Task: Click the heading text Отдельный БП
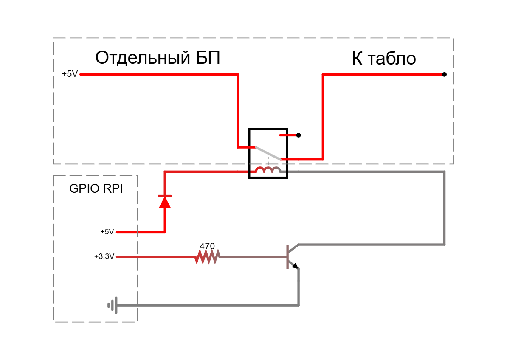coord(158,58)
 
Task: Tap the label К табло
coord(384,59)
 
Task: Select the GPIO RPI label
coord(96,188)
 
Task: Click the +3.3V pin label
coord(104,256)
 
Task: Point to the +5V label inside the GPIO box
coord(107,232)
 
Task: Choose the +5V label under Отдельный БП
coord(70,74)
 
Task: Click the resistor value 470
coord(207,246)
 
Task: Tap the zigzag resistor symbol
coord(208,257)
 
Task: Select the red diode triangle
coord(165,202)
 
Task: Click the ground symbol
coord(113,305)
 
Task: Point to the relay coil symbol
coord(268,170)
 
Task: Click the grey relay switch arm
coord(268,153)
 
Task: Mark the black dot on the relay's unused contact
coord(299,135)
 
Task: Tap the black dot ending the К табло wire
coord(444,74)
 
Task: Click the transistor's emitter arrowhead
coord(295,266)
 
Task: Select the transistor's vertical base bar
coord(287,256)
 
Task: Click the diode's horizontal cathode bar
coord(165,196)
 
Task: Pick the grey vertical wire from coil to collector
coord(445,208)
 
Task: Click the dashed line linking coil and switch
coord(268,161)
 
